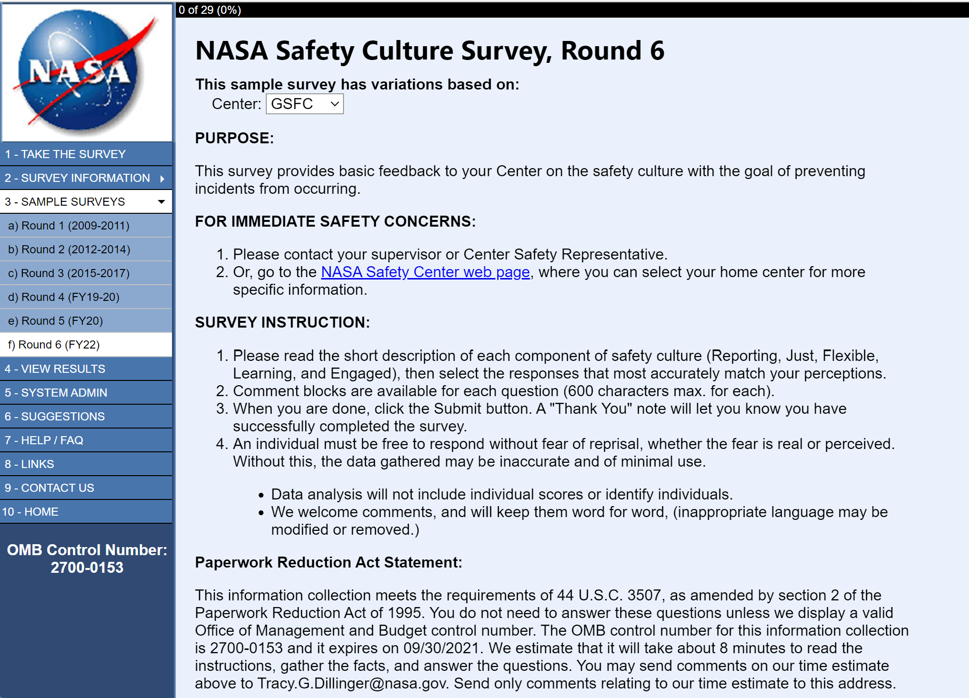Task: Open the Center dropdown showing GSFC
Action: pos(304,104)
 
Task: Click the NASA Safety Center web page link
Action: pos(425,272)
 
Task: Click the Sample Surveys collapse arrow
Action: pos(161,202)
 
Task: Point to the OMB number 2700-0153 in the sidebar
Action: pos(87,568)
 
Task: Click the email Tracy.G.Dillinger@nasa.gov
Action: pos(352,683)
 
